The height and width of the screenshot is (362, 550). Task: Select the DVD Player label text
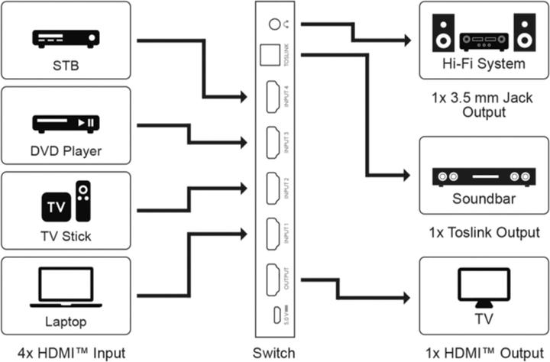[66, 150]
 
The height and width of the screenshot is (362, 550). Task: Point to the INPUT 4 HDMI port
[272, 98]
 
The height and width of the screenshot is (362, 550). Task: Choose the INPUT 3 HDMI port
[272, 142]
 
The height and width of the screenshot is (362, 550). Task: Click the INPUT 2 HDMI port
[272, 188]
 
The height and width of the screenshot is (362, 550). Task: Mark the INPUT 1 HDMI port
[272, 233]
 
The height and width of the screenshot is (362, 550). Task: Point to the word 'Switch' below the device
[274, 353]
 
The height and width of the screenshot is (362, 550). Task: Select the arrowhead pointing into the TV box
[412, 299]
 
